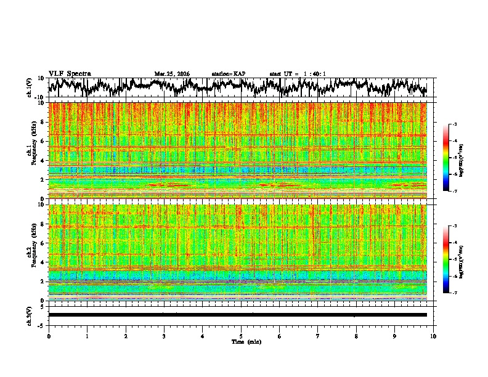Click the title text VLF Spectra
coord(70,73)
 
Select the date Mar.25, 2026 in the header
coord(172,74)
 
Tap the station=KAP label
coord(228,74)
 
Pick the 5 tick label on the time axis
coord(241,336)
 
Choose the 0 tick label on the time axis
coord(49,336)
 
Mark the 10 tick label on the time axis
coord(433,336)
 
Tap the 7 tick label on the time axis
coord(318,336)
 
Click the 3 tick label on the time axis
coord(164,336)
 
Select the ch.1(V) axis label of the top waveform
coord(30,87)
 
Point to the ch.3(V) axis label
coord(30,315)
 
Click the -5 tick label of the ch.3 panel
coord(43,324)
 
